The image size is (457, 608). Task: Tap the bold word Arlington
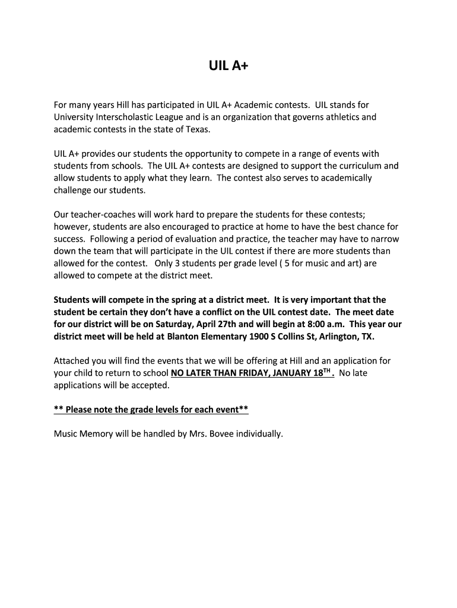(x=341, y=336)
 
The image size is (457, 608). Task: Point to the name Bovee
(x=217, y=434)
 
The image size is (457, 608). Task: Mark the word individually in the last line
(x=259, y=434)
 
